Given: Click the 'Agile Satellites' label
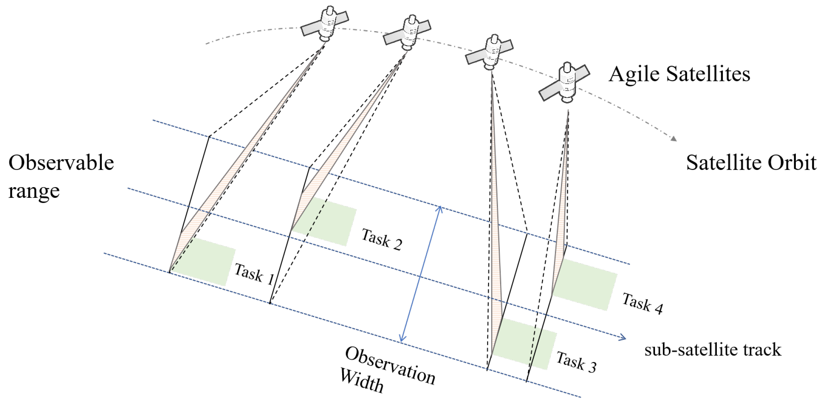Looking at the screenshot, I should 679,74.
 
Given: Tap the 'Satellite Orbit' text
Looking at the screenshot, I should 751,163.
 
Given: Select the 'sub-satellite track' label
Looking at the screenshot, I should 713,350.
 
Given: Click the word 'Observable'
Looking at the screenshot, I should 61,163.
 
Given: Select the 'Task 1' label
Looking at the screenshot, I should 254,274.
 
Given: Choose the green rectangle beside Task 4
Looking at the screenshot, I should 585,284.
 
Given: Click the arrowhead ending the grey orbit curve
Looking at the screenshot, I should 674,138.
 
